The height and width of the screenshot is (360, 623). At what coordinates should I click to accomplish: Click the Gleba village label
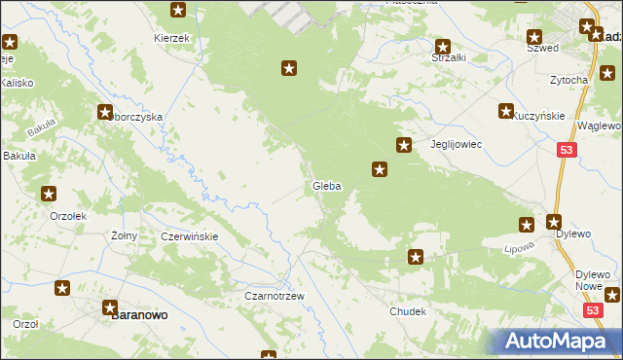pos(326,185)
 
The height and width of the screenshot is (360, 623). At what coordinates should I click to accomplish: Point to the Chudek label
pos(408,311)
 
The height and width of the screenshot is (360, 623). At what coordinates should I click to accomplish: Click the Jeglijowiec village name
pos(457,143)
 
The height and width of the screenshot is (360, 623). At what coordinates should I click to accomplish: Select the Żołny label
pos(124,235)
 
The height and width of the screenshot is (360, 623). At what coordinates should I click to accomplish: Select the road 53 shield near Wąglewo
pos(568,150)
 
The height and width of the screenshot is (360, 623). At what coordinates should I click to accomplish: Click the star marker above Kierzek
pos(178,10)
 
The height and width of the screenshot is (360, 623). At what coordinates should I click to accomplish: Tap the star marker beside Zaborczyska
pos(105,113)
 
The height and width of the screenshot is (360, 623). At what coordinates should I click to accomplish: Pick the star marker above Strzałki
pos(443,46)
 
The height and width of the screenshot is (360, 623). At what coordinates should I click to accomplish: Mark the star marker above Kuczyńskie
pos(506,111)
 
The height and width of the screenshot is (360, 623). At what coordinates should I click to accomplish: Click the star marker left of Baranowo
pos(63,288)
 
